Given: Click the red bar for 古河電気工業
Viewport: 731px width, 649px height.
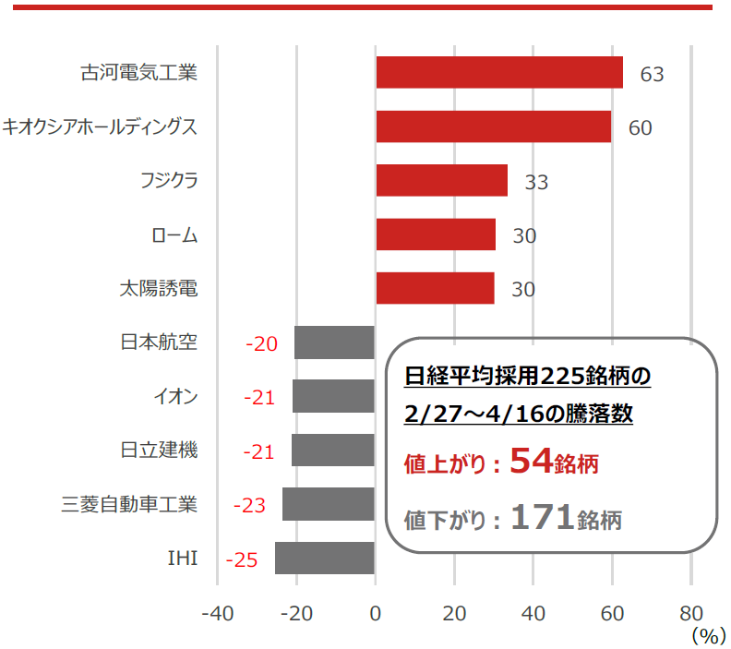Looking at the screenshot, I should [x=498, y=73].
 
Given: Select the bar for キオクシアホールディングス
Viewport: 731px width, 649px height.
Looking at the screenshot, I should [x=493, y=126].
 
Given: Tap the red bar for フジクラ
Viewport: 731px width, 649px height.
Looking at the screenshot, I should [x=441, y=181].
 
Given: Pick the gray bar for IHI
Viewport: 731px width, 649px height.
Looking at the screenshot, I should [x=325, y=559].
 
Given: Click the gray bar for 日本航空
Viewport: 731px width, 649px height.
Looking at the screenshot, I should [x=334, y=343].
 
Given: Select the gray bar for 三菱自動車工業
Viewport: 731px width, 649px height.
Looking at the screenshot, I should [x=329, y=504].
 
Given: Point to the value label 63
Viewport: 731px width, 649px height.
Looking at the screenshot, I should [x=652, y=74].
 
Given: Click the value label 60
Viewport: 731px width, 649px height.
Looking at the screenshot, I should [x=640, y=127].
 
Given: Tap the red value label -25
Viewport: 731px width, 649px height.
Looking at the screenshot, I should [x=241, y=559].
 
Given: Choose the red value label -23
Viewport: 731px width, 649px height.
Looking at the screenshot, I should [x=249, y=505].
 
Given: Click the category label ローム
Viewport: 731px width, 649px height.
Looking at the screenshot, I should [x=174, y=234].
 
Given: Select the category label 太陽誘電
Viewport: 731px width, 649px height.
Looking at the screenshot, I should [x=159, y=288].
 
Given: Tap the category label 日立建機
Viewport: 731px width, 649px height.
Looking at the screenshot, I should [x=159, y=451].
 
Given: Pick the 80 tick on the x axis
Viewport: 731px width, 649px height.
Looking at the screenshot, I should [x=691, y=613].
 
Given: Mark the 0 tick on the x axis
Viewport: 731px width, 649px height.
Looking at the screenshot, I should [x=375, y=613].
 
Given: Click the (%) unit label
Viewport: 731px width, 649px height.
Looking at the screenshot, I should [x=707, y=635].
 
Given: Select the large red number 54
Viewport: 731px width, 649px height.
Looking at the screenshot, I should [x=530, y=461].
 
